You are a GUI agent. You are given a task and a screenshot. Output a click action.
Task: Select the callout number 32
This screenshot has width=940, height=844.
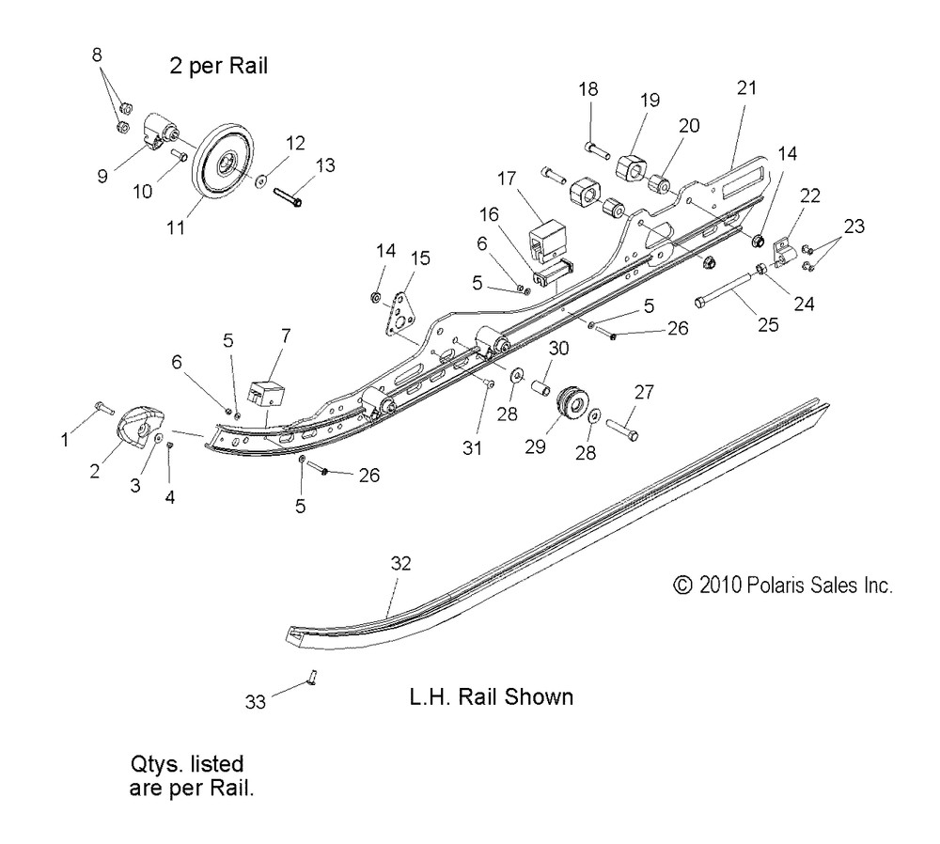(x=400, y=564)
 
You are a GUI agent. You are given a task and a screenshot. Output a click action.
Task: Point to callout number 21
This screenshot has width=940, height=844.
(x=746, y=88)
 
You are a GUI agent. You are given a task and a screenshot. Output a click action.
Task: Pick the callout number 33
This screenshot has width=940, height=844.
(x=255, y=701)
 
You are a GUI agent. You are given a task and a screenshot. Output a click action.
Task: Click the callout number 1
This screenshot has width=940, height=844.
(x=65, y=437)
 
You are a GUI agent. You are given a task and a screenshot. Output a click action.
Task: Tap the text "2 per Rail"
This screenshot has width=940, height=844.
(x=211, y=67)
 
